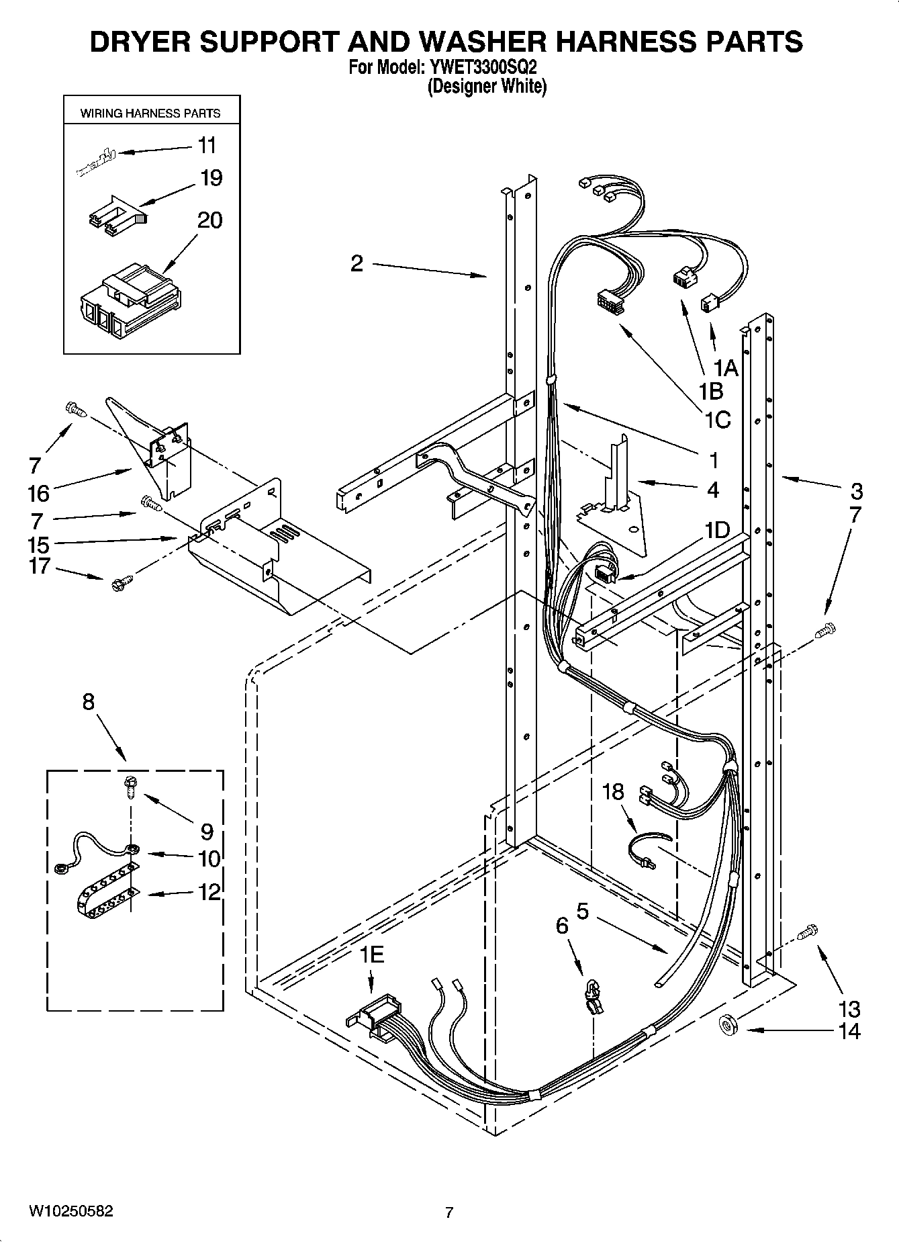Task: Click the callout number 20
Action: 209,220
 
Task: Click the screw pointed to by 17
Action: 120,582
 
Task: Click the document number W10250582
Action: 70,1211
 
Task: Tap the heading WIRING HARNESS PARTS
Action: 150,114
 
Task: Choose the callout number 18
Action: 612,793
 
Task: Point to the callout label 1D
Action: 716,530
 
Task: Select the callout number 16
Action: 39,494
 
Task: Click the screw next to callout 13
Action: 808,932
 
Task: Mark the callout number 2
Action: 357,263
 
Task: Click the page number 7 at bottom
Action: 449,1212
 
